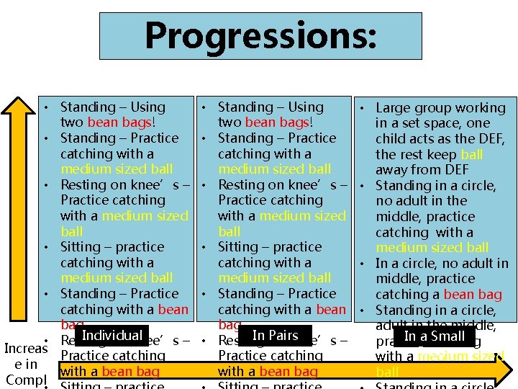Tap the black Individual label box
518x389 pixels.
tap(112, 336)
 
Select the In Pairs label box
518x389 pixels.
tap(276, 336)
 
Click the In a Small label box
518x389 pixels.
tap(435, 336)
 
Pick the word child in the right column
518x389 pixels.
tap(392, 139)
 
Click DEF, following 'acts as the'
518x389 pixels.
tap(489, 139)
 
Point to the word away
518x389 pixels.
tap(394, 170)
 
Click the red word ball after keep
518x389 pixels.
tap(472, 155)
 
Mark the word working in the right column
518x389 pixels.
tap(481, 108)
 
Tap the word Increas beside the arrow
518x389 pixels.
tap(26, 349)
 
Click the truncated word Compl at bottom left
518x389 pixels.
tap(21, 379)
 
